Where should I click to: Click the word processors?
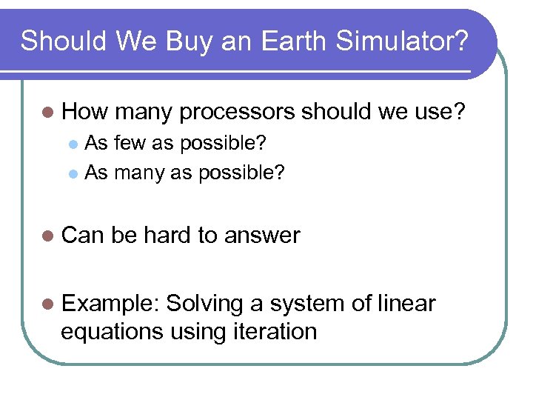tap(238, 113)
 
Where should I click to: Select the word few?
tap(131, 142)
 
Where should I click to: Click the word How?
tap(84, 113)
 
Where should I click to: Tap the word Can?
tap(83, 236)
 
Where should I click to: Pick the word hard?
tap(167, 236)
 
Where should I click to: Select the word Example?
tap(110, 304)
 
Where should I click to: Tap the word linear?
tap(406, 304)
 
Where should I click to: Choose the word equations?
tap(112, 332)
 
